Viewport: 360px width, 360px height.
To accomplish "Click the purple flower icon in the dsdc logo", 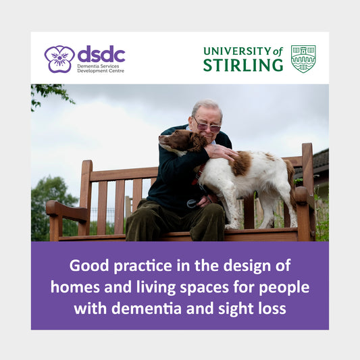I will coord(59,58).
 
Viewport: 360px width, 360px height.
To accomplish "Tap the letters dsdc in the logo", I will coord(101,54).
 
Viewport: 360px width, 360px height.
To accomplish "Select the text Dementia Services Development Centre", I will coord(101,68).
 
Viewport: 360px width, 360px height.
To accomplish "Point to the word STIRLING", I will coord(243,66).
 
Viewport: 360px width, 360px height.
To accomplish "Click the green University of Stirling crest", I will coord(303,59).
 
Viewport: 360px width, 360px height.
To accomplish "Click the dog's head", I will coord(177,142).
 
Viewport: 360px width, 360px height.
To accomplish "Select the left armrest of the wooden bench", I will coord(66,210).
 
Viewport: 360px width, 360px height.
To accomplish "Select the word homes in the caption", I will coord(72,286).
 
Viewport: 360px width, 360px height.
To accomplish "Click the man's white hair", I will coord(207,108).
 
